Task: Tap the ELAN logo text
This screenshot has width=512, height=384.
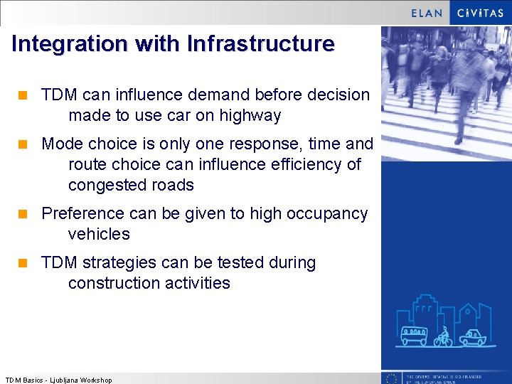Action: coord(427,13)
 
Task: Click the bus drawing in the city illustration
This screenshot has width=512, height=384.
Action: coord(414,336)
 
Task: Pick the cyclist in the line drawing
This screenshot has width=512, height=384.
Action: coord(444,336)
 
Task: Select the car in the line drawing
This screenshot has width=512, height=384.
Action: coord(472,337)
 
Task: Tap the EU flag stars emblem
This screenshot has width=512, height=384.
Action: coord(390,378)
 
